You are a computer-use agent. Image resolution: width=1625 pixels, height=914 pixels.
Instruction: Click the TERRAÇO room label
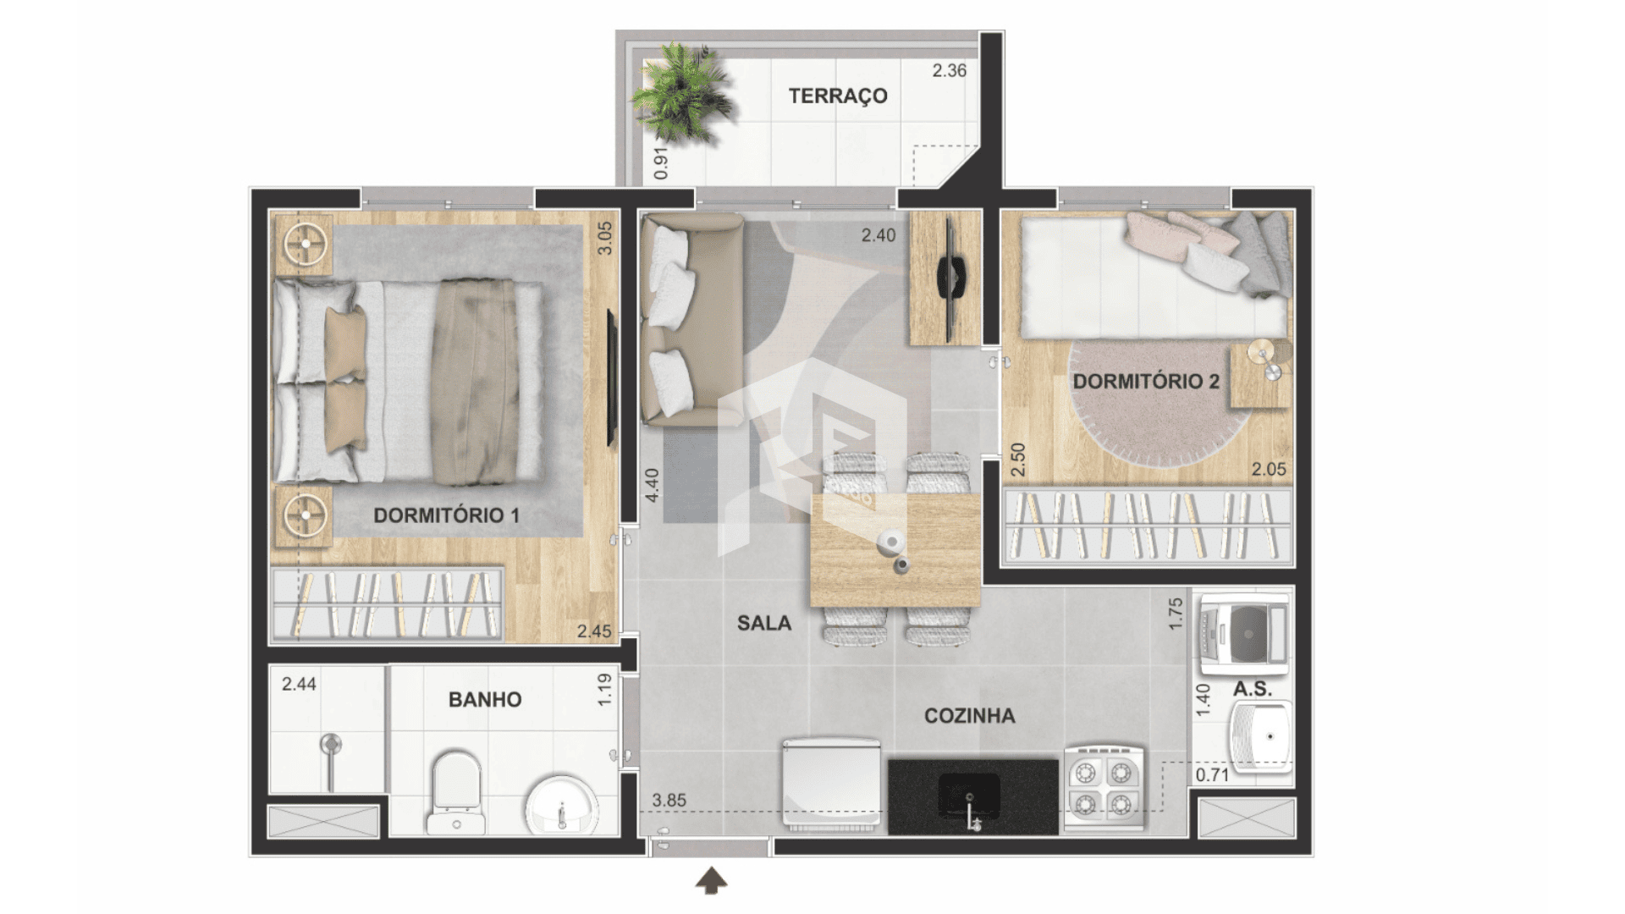tap(838, 96)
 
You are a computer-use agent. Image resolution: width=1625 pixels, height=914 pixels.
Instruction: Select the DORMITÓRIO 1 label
tap(446, 515)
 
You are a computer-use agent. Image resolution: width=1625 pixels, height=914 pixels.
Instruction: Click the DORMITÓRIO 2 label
tap(1146, 381)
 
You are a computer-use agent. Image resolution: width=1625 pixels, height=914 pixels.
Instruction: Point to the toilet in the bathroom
tap(455, 791)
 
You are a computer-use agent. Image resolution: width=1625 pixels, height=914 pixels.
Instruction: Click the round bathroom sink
tap(561, 805)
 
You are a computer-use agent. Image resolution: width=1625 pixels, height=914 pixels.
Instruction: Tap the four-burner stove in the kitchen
tap(1104, 787)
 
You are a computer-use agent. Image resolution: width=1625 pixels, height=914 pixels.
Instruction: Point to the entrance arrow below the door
tap(711, 881)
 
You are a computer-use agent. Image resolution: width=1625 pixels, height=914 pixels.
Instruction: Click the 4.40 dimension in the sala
tap(652, 485)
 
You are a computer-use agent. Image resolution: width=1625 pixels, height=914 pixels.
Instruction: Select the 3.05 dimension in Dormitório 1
tap(604, 238)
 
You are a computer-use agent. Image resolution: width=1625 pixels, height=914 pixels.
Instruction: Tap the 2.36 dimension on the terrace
tap(949, 70)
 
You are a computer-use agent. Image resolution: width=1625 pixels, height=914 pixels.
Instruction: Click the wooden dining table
tap(895, 550)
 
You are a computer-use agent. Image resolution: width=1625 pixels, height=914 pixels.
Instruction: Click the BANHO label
tap(485, 699)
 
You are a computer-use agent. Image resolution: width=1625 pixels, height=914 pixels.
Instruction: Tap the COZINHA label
tap(969, 716)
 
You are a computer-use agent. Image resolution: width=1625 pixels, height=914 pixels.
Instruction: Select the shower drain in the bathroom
tap(330, 745)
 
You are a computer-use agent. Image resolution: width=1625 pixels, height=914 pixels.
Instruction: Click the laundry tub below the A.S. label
tap(1261, 736)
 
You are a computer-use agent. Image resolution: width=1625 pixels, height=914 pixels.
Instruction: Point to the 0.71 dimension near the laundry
tap(1212, 774)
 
